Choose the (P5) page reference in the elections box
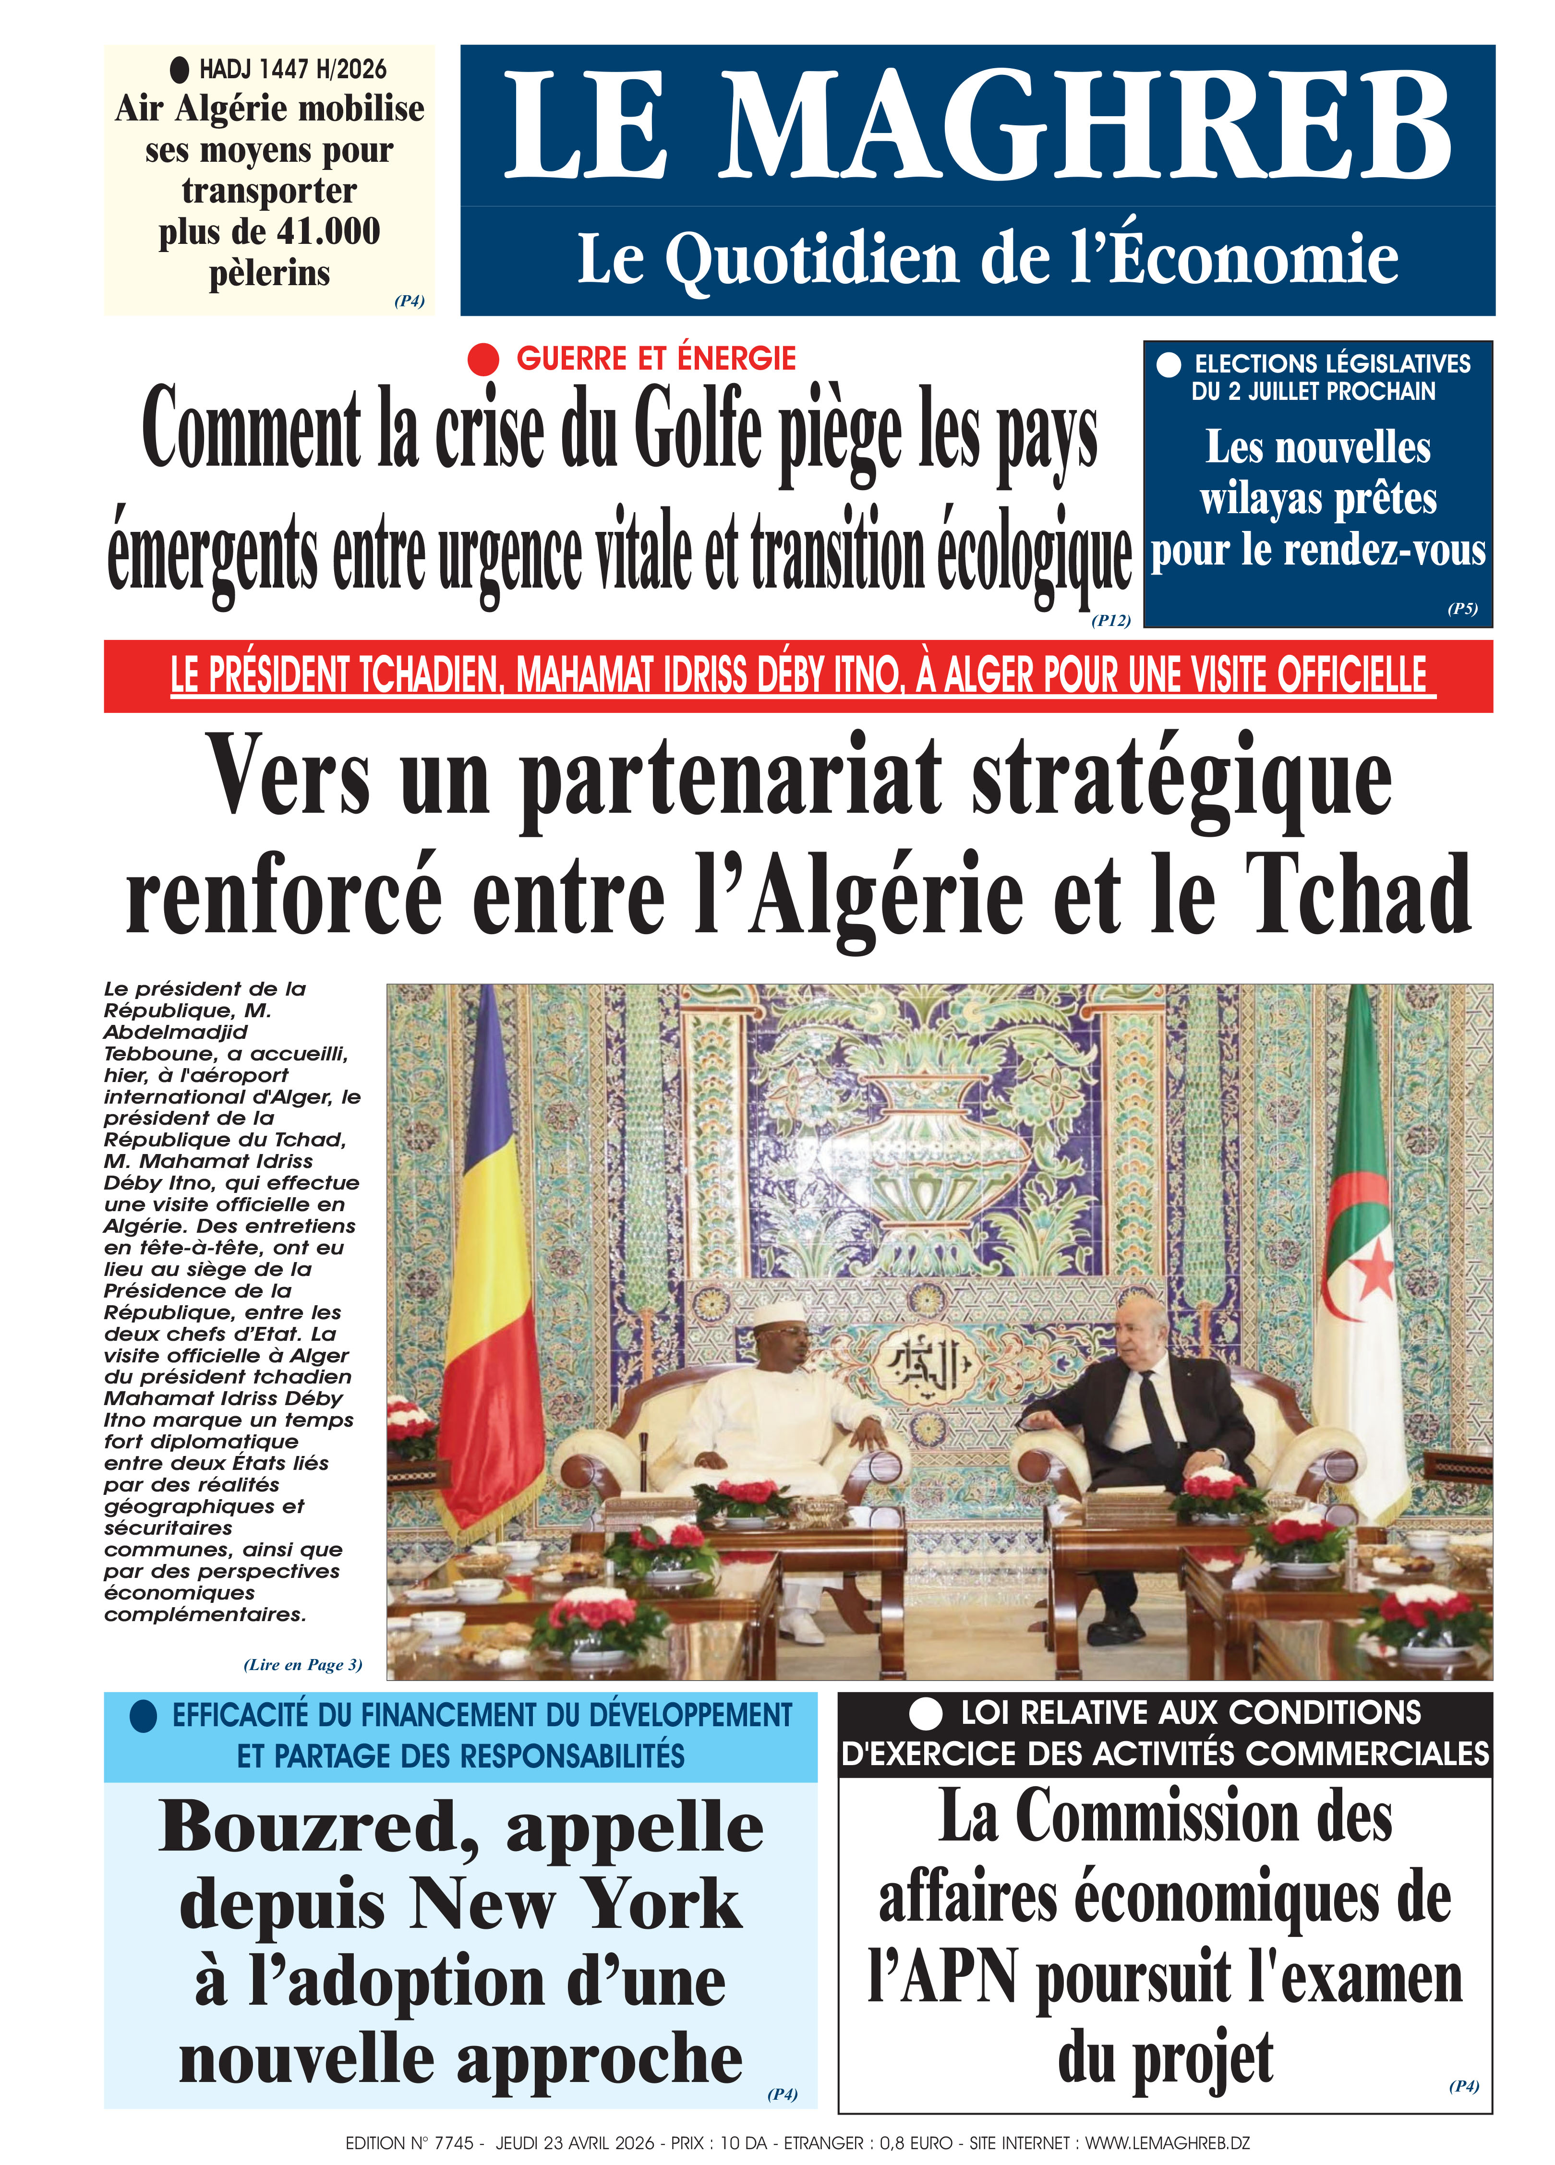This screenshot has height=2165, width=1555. [1461, 608]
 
